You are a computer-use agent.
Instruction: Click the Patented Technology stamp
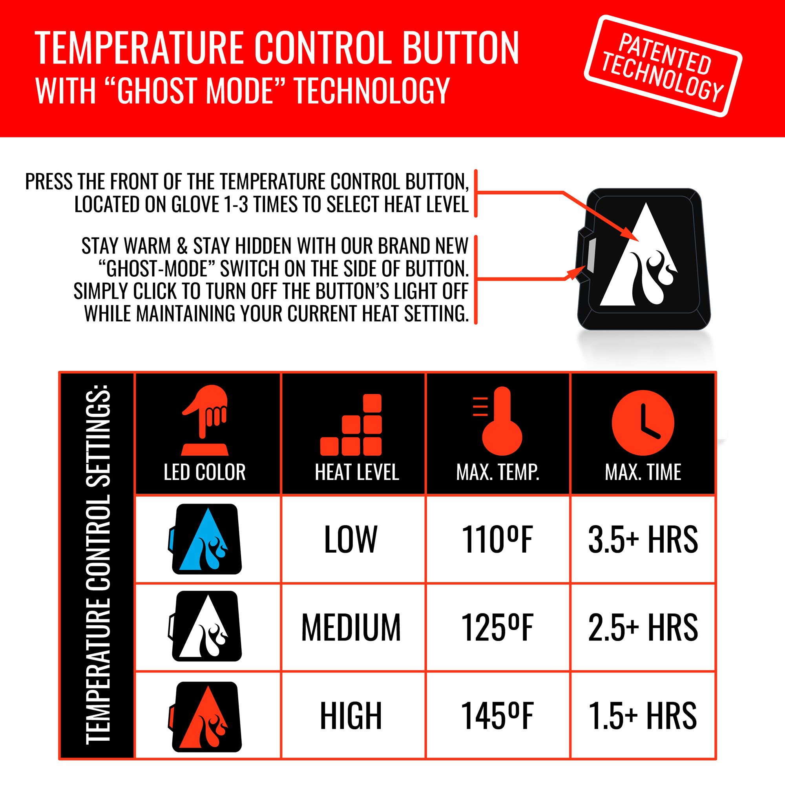coord(663,66)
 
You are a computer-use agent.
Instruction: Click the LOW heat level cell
coord(351,540)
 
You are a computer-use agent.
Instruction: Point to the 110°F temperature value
coord(497,540)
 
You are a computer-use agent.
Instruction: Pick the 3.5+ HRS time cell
coord(643,540)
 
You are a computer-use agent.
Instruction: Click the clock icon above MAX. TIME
coord(643,423)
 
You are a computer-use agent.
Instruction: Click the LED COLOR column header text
coord(205,472)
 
